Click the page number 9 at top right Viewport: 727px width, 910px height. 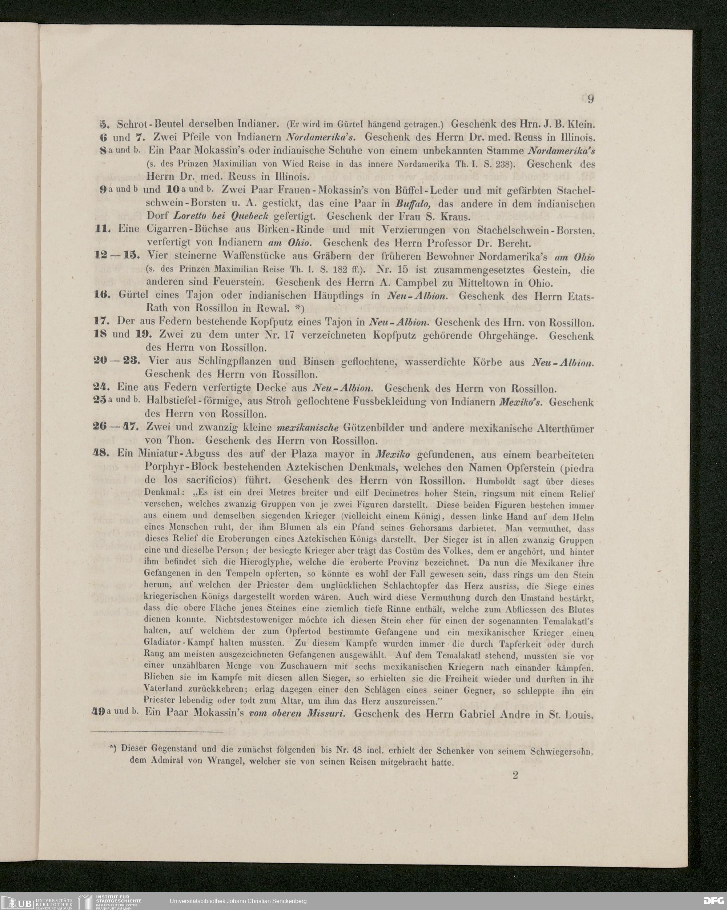coord(590,99)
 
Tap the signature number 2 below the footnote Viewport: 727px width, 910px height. coord(515,775)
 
